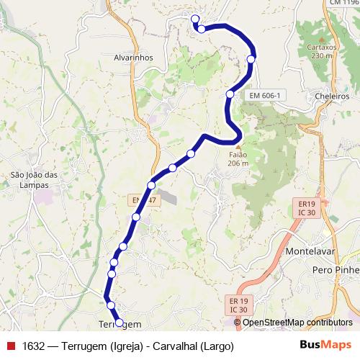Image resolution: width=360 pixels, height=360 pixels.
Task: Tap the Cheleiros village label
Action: [x=332, y=96]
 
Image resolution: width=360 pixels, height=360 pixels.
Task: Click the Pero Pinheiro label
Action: [x=336, y=269]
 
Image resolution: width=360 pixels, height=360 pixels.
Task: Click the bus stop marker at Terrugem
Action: [x=119, y=323]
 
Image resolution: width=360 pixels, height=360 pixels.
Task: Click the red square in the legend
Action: [x=10, y=346]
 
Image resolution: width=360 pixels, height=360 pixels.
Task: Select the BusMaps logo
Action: [x=326, y=346]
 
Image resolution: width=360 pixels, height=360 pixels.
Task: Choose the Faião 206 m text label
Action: [x=238, y=158]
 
